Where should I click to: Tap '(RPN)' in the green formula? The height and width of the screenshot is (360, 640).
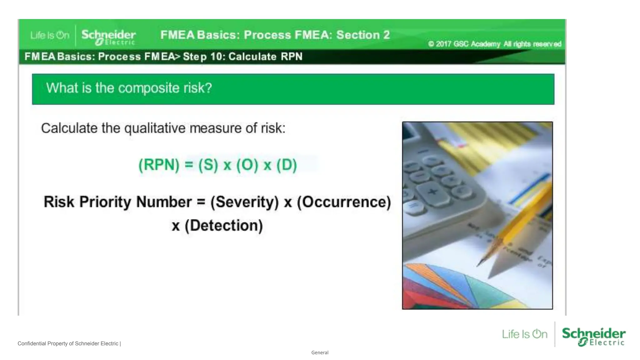point(159,165)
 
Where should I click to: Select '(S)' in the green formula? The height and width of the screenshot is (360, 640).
point(208,165)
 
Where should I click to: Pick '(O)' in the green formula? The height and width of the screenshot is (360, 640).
point(247,165)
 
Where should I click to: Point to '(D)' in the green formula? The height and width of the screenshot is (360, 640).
point(287,165)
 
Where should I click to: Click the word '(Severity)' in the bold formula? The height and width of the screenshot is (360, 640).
point(244,202)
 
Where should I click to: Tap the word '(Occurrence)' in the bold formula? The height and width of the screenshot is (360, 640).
point(344,202)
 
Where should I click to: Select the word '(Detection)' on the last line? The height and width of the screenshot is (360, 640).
point(224,225)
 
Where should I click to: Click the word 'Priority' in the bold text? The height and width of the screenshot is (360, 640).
point(105,202)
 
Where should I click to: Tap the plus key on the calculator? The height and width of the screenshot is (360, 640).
point(433,192)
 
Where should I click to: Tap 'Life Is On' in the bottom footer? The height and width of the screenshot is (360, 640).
point(525,334)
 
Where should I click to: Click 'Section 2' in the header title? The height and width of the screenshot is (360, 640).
point(363,35)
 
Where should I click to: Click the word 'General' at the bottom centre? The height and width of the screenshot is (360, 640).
point(320,352)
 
